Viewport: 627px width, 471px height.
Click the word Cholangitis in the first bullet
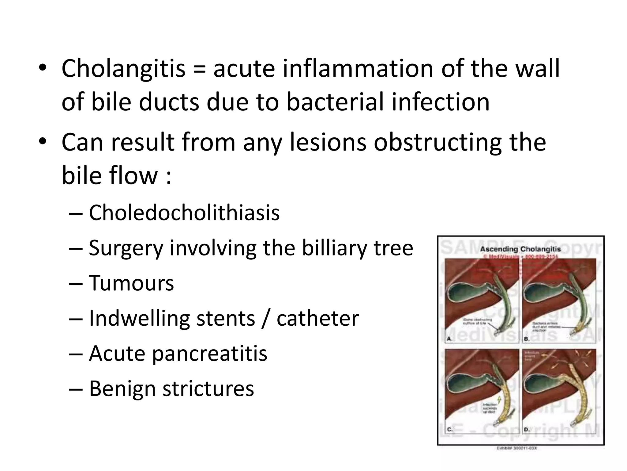point(123,69)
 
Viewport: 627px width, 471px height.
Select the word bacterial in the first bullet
point(335,102)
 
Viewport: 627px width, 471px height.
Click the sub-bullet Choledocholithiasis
point(184,213)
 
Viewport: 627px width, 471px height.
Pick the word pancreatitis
point(209,354)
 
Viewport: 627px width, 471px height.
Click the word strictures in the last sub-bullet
point(208,389)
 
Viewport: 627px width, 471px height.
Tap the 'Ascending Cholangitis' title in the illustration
point(520,249)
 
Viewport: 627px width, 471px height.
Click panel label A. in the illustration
point(449,339)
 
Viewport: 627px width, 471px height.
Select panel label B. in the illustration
point(527,339)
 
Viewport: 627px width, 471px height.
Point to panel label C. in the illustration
point(449,429)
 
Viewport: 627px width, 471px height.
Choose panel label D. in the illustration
point(527,430)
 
